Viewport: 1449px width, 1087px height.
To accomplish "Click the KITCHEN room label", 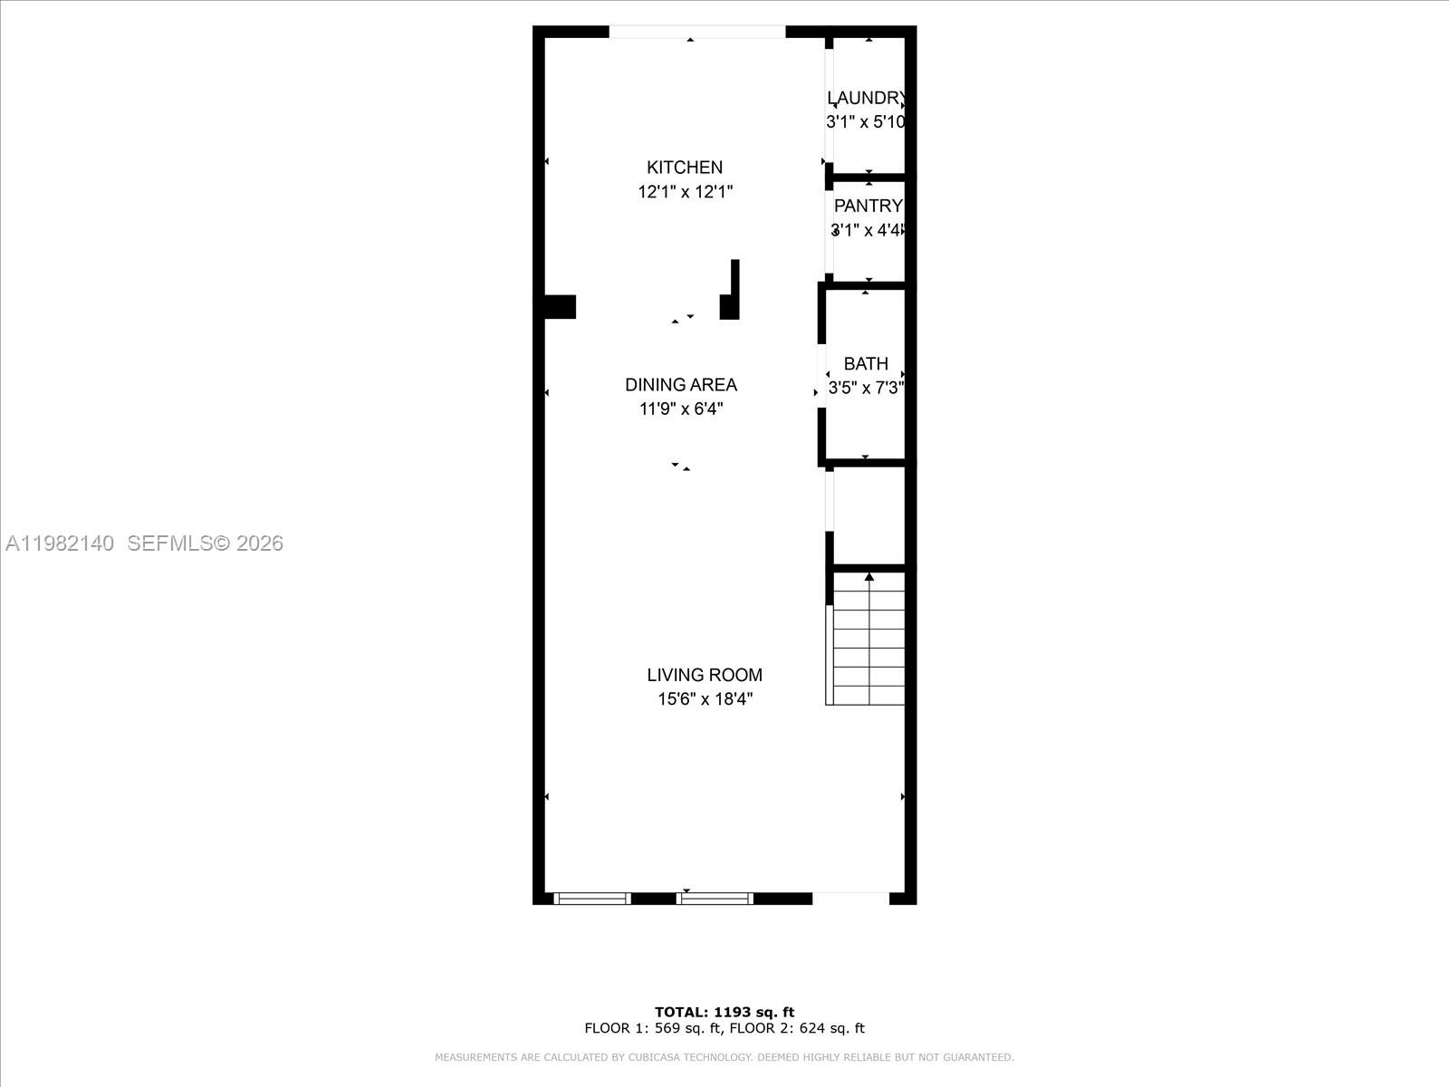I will click(x=685, y=168).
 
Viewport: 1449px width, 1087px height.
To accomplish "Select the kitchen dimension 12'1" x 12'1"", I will click(x=685, y=192).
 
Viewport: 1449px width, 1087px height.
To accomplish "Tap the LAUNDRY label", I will click(x=866, y=98).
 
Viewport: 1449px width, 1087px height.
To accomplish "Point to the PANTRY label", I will click(x=868, y=206).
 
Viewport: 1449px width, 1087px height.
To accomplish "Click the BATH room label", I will click(x=866, y=363).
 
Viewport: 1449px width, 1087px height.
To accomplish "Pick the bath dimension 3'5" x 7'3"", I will click(x=866, y=389).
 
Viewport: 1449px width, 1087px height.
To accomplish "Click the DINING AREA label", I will click(x=681, y=385).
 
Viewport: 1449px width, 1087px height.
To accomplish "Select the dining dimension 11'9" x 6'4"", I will click(x=681, y=409).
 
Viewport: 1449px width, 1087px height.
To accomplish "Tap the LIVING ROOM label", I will click(x=705, y=675).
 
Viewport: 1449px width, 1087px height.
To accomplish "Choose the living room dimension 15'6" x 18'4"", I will click(x=705, y=699).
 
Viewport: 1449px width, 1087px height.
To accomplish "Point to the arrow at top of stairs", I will click(x=869, y=577).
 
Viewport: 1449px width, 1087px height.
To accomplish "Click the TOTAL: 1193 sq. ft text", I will click(x=724, y=1012).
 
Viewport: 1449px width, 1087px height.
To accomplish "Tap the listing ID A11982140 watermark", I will click(x=60, y=543).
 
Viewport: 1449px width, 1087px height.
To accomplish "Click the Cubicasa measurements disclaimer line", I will click(x=724, y=1057).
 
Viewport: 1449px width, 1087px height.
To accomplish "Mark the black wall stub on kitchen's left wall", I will click(x=559, y=307).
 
